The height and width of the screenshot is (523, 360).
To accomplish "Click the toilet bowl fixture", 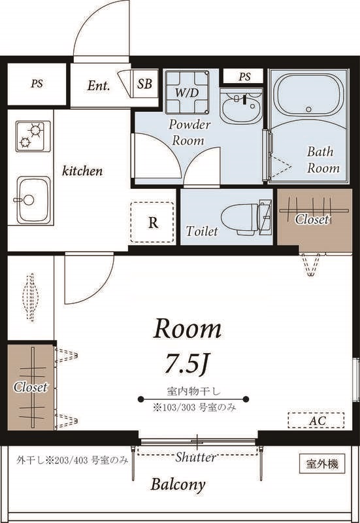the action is coord(247,218).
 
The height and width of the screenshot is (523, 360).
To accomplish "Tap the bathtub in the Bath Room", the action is coord(308,94).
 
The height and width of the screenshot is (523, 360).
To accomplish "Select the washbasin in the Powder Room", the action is coord(241,106).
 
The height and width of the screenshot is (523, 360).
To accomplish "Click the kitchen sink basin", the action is coord(33,200).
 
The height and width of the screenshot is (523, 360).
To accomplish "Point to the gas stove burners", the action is coord(33,135).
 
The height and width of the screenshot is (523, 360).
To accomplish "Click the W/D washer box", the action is coord(187,92).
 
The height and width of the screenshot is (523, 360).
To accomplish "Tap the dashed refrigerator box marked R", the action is coord(152,222).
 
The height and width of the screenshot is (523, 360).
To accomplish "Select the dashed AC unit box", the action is coord(316,420).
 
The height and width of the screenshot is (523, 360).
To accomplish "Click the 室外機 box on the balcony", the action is coord(321,464).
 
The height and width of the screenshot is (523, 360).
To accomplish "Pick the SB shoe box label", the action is coord(144,84).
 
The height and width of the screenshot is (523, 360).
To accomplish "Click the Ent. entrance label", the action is coord(99,86).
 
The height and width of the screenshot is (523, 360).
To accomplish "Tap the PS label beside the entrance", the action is coord(37,84).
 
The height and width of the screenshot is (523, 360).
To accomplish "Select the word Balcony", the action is coord(178,484).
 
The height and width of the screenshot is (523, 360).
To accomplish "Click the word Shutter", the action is coord(195,457).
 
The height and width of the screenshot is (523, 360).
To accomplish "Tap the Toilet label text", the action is coord(202,231).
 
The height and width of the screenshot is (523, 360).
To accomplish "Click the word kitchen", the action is coord(82,171).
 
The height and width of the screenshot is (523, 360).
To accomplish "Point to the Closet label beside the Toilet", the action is coord(312,219).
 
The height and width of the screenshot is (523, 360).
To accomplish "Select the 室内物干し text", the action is coord(193,391).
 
